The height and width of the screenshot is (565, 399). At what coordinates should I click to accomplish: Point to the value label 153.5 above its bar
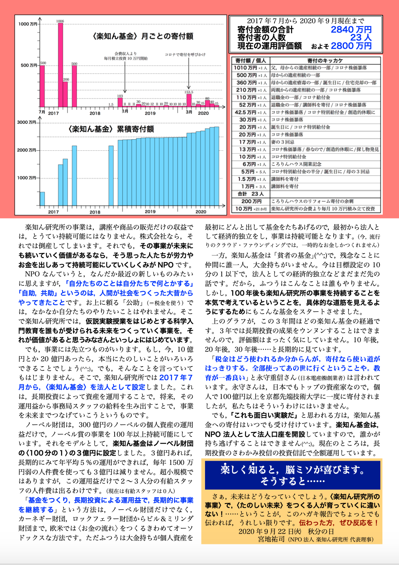tap(189, 92)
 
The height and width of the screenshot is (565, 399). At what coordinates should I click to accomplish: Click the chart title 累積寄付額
tap(111, 129)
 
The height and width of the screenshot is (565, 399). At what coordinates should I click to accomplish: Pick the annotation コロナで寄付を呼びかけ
tap(185, 55)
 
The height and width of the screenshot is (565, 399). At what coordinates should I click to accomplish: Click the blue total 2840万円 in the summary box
tap(351, 30)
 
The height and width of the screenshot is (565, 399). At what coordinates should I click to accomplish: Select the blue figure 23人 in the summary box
tap(361, 38)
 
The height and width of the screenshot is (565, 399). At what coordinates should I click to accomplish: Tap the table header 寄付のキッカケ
tap(325, 61)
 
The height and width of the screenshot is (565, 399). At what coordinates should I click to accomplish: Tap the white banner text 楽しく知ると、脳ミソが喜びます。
tap(293, 470)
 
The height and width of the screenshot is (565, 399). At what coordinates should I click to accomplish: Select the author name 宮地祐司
tap(271, 539)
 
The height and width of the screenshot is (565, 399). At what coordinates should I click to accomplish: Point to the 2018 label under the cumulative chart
tap(95, 212)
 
